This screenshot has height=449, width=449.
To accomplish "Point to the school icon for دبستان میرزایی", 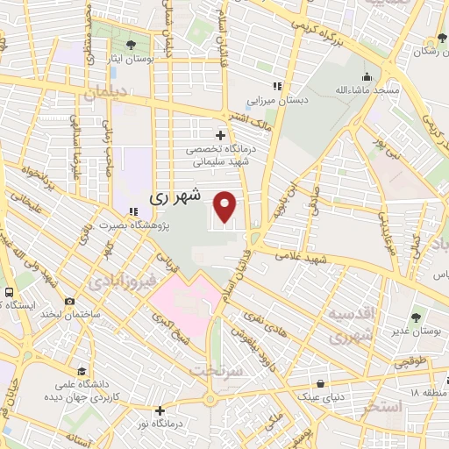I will pos(277,86).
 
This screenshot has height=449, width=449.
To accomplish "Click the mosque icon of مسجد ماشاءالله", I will pos(366,76).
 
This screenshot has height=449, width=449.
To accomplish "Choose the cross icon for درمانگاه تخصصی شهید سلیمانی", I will pos(221,135).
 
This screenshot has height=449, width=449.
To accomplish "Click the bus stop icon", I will pos(9,292).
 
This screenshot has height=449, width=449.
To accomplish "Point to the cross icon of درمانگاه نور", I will pos(160,410).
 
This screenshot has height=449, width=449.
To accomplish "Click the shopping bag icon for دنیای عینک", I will pos(322,383).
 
